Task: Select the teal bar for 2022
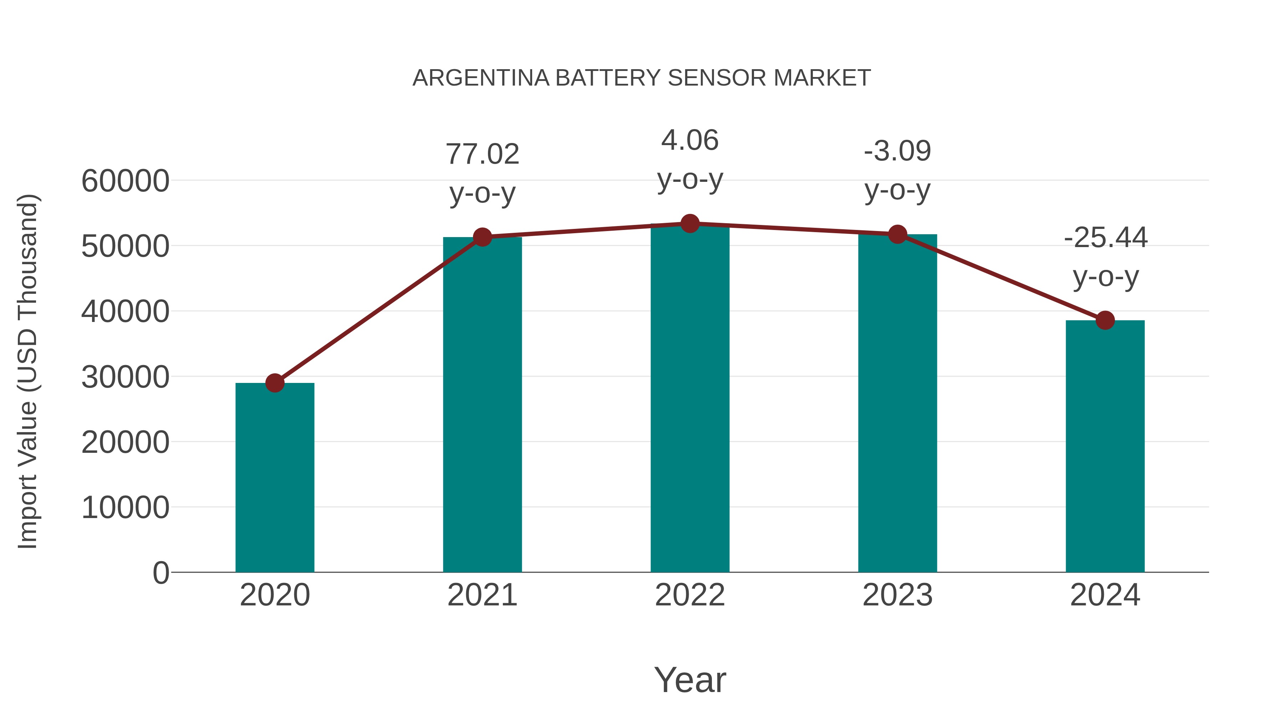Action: (690, 399)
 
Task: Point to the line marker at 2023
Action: (898, 234)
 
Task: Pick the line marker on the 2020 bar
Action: (275, 383)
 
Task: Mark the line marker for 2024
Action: (1105, 321)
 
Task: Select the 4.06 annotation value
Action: (690, 140)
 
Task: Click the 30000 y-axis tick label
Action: (125, 377)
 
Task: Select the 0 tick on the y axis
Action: (160, 573)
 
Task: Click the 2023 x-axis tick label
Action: (898, 595)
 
